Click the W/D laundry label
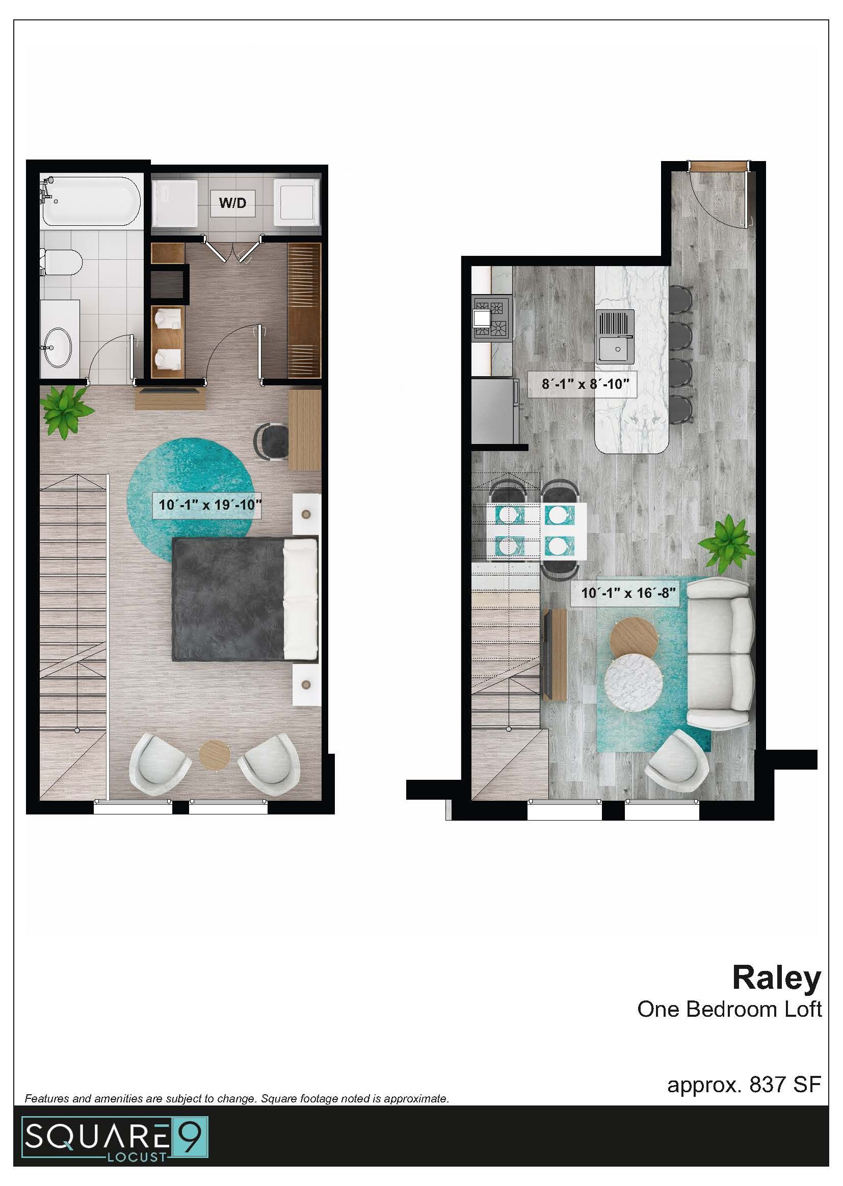coord(232,202)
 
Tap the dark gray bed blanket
coord(228,599)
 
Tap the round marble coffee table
coord(634,681)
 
